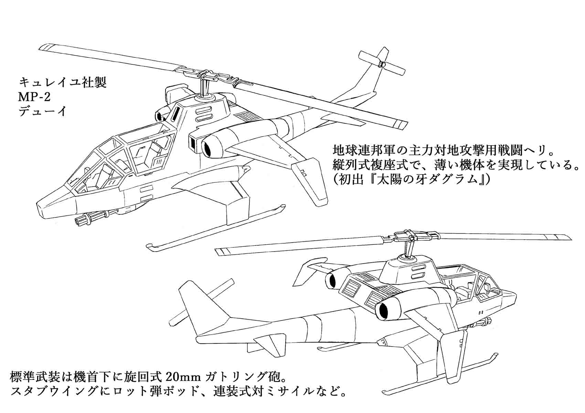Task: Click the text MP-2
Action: click(x=34, y=97)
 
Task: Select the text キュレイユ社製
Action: click(x=63, y=83)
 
